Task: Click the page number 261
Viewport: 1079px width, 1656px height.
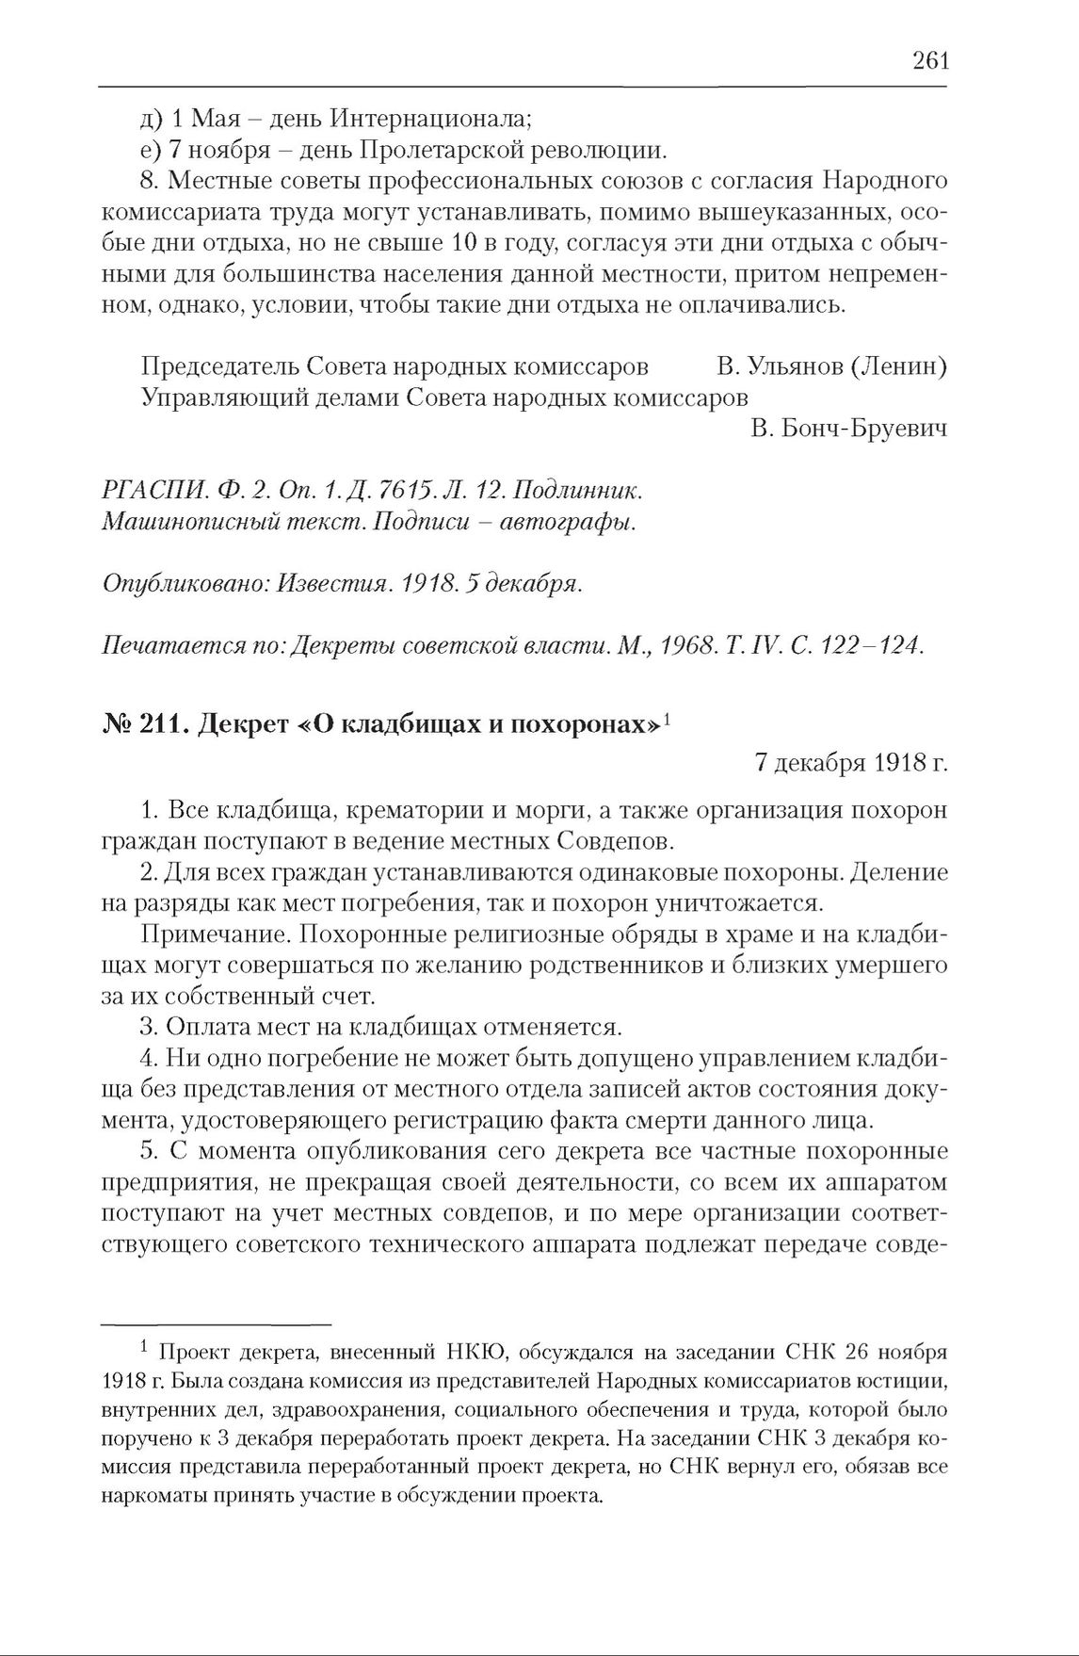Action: coord(929,61)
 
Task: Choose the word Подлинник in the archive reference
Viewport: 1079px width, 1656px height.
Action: coord(577,491)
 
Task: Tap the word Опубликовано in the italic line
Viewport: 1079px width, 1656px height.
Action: coord(185,584)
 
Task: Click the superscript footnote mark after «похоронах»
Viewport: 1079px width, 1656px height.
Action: coord(666,721)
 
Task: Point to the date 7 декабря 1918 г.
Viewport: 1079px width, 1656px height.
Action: coord(850,763)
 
